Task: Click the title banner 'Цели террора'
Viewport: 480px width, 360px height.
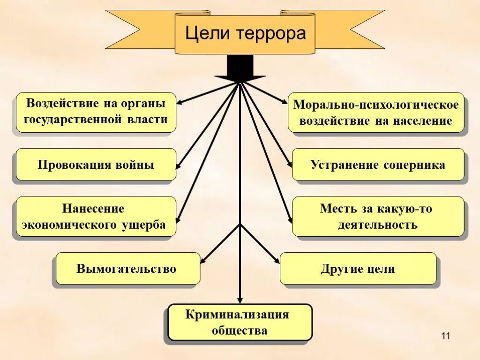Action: pos(245,33)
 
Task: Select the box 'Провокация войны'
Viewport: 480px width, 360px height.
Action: pos(96,165)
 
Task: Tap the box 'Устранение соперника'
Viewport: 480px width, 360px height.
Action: pos(378,165)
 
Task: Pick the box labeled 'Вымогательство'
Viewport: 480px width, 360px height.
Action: pos(127,269)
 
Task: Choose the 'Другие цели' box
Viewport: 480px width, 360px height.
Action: pos(358,269)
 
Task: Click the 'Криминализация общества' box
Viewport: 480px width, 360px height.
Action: pos(239,322)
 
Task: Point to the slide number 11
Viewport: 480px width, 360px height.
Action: pos(445,336)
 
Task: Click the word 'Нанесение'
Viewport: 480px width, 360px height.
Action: pos(94,208)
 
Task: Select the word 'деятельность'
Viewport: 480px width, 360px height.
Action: pos(377,225)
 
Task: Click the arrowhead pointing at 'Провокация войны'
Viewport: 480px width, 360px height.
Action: pos(178,165)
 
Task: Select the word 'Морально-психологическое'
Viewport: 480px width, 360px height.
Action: pos(376,104)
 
